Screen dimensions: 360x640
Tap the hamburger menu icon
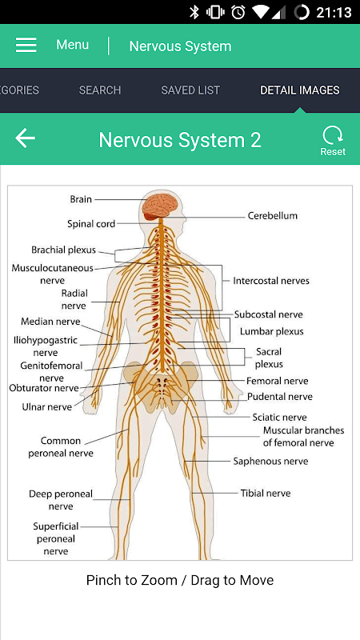pos(26,45)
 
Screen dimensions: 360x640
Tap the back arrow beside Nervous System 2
pos(26,138)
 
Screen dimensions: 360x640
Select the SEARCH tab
pos(100,90)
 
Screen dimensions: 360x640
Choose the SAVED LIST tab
pos(190,90)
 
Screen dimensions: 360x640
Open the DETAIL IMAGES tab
pos(300,90)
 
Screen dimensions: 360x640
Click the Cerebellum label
pos(273,215)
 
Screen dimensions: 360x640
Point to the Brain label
pos(82,199)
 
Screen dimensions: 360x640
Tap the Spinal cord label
pos(91,224)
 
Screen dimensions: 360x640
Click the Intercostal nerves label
pos(271,281)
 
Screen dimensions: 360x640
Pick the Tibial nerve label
pos(266,493)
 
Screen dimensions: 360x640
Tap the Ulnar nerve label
pos(47,406)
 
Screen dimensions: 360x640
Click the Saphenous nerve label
pos(270,462)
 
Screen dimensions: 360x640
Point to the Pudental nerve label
pos(280,396)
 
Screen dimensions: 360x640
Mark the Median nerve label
pos(50,322)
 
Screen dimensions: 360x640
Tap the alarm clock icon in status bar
pos(238,12)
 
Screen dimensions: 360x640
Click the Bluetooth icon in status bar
pos(194,12)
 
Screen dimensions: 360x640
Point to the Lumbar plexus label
pos(272,331)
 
